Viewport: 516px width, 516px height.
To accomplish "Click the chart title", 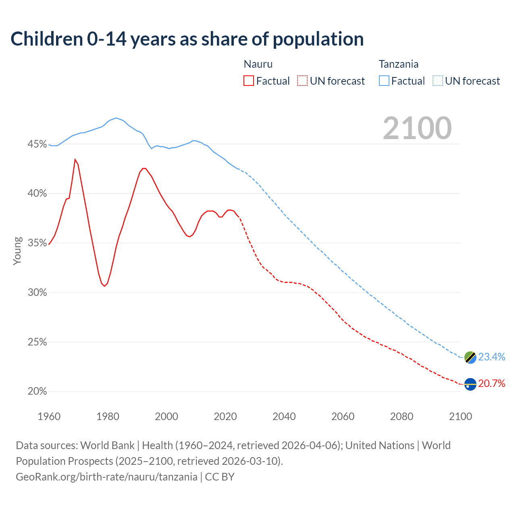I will click(x=187, y=39).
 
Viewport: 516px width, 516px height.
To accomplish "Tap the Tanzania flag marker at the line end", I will click(x=470, y=357).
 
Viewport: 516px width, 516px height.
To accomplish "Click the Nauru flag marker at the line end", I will click(x=470, y=384).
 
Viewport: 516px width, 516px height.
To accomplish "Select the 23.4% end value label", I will click(x=491, y=357).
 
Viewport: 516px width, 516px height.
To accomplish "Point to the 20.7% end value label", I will click(x=491, y=383).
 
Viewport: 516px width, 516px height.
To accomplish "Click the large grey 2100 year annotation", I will click(x=417, y=128).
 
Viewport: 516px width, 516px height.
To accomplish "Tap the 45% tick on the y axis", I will click(x=37, y=144).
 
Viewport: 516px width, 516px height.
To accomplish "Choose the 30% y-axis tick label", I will click(x=37, y=293).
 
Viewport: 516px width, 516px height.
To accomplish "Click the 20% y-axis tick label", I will click(x=37, y=391).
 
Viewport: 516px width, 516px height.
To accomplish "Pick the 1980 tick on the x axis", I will click(x=108, y=416).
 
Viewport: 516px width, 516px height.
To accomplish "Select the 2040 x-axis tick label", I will click(x=284, y=416).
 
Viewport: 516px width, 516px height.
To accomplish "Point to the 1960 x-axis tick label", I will click(x=49, y=416).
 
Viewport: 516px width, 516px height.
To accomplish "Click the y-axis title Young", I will click(x=17, y=251).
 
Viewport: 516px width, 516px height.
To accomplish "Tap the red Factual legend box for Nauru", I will click(x=249, y=81).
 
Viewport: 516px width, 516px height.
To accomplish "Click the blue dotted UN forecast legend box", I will click(x=438, y=81).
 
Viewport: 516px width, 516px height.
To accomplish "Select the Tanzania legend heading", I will click(x=398, y=64).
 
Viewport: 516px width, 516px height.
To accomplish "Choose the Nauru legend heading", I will click(x=258, y=64).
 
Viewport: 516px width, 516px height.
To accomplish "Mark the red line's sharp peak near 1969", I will click(x=75, y=159).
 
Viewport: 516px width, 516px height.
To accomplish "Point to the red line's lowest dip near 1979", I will click(x=104, y=286).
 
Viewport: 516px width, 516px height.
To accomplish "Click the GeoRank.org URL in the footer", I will click(x=106, y=477).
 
